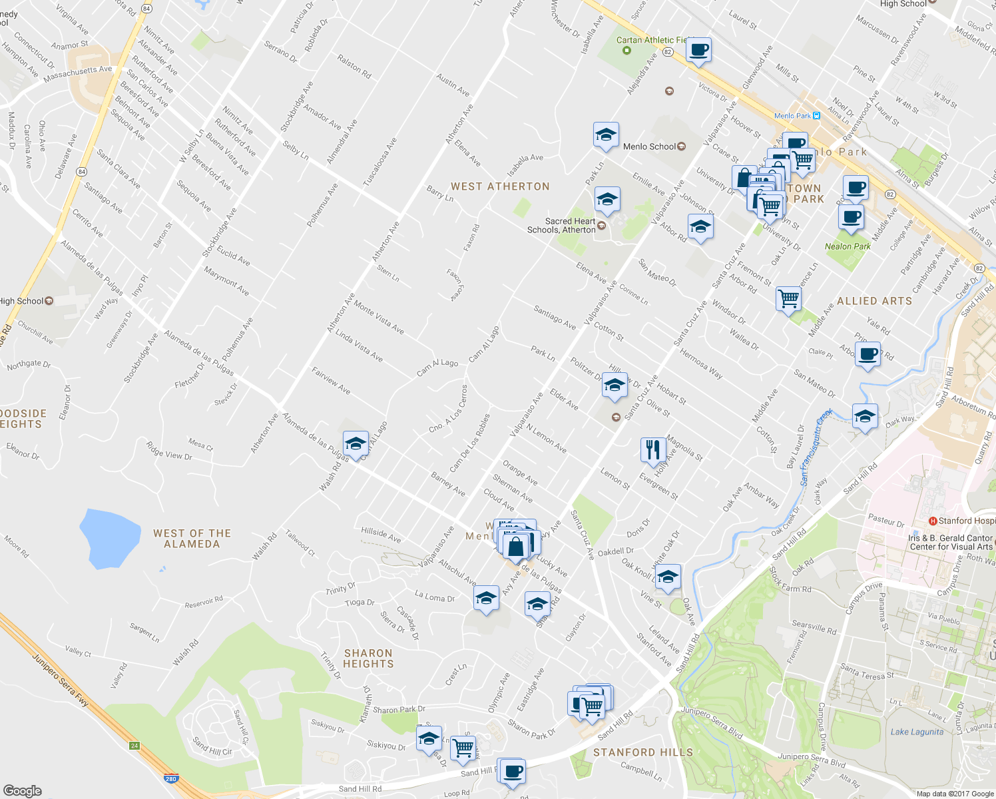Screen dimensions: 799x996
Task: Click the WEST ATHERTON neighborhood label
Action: click(500, 187)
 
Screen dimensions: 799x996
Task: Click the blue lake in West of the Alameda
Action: click(110, 538)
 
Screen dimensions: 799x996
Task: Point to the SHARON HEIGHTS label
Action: click(368, 659)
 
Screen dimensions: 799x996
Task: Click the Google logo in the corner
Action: click(22, 790)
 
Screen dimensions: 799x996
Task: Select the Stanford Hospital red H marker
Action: click(933, 521)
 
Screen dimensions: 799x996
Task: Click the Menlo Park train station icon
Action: click(816, 116)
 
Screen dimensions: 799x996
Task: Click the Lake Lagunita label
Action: click(917, 732)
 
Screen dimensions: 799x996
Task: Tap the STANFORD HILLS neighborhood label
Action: click(642, 752)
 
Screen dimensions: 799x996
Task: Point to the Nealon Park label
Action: click(848, 246)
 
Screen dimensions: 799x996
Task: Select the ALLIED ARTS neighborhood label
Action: click(874, 301)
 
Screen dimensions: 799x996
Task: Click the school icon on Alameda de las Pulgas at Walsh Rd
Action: click(356, 443)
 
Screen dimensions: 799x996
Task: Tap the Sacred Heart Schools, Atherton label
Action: click(561, 226)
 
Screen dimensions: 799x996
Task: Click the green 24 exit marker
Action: click(134, 746)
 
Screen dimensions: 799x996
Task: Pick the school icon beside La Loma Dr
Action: click(486, 598)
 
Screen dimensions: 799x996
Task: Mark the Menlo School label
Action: click(649, 146)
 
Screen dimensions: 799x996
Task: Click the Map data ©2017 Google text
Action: click(954, 793)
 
